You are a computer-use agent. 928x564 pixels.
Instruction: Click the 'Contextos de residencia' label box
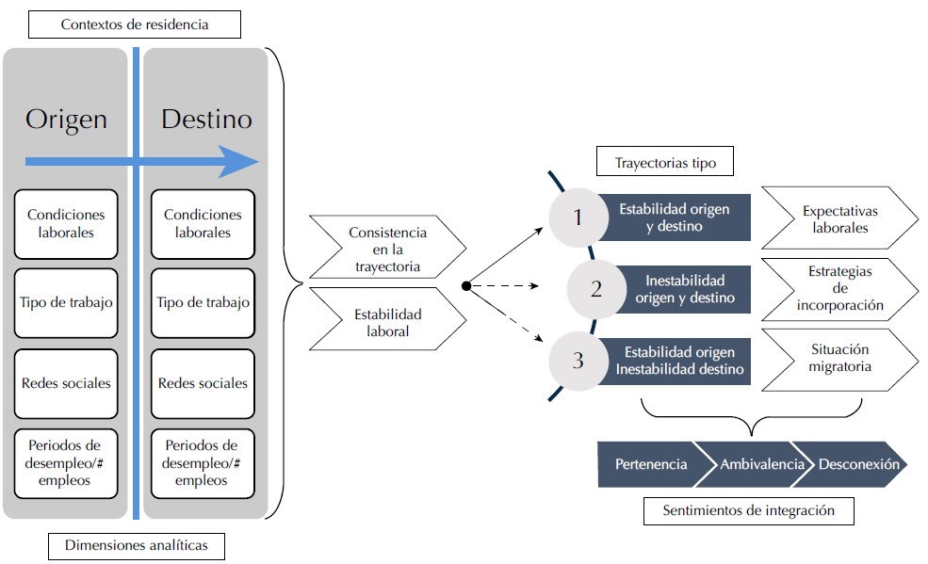coord(135,24)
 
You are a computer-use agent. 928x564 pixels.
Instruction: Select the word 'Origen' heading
coord(66,120)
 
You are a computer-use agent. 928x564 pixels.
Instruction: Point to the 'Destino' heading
coord(206,120)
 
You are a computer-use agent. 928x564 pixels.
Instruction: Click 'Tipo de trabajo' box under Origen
coord(66,302)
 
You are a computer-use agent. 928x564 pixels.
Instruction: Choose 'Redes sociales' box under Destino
coord(203,383)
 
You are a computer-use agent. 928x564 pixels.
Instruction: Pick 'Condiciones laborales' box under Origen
coord(66,223)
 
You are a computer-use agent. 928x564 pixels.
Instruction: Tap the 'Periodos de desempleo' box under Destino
coord(203,462)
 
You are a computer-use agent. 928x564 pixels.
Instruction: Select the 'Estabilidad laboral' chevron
coord(386,322)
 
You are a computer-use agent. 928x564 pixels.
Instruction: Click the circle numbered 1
coord(578,218)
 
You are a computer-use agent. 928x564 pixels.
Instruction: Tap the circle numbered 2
coord(595,289)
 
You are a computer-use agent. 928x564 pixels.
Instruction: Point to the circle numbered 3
coord(578,360)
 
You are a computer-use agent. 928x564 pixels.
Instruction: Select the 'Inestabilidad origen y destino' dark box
coord(685,289)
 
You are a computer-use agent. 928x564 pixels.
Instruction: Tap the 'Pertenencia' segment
coord(650,464)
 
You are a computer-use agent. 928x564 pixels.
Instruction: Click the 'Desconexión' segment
coord(857,464)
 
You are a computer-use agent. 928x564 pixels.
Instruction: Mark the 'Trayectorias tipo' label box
coord(664,163)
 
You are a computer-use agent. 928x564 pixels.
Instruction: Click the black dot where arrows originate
coord(465,285)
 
